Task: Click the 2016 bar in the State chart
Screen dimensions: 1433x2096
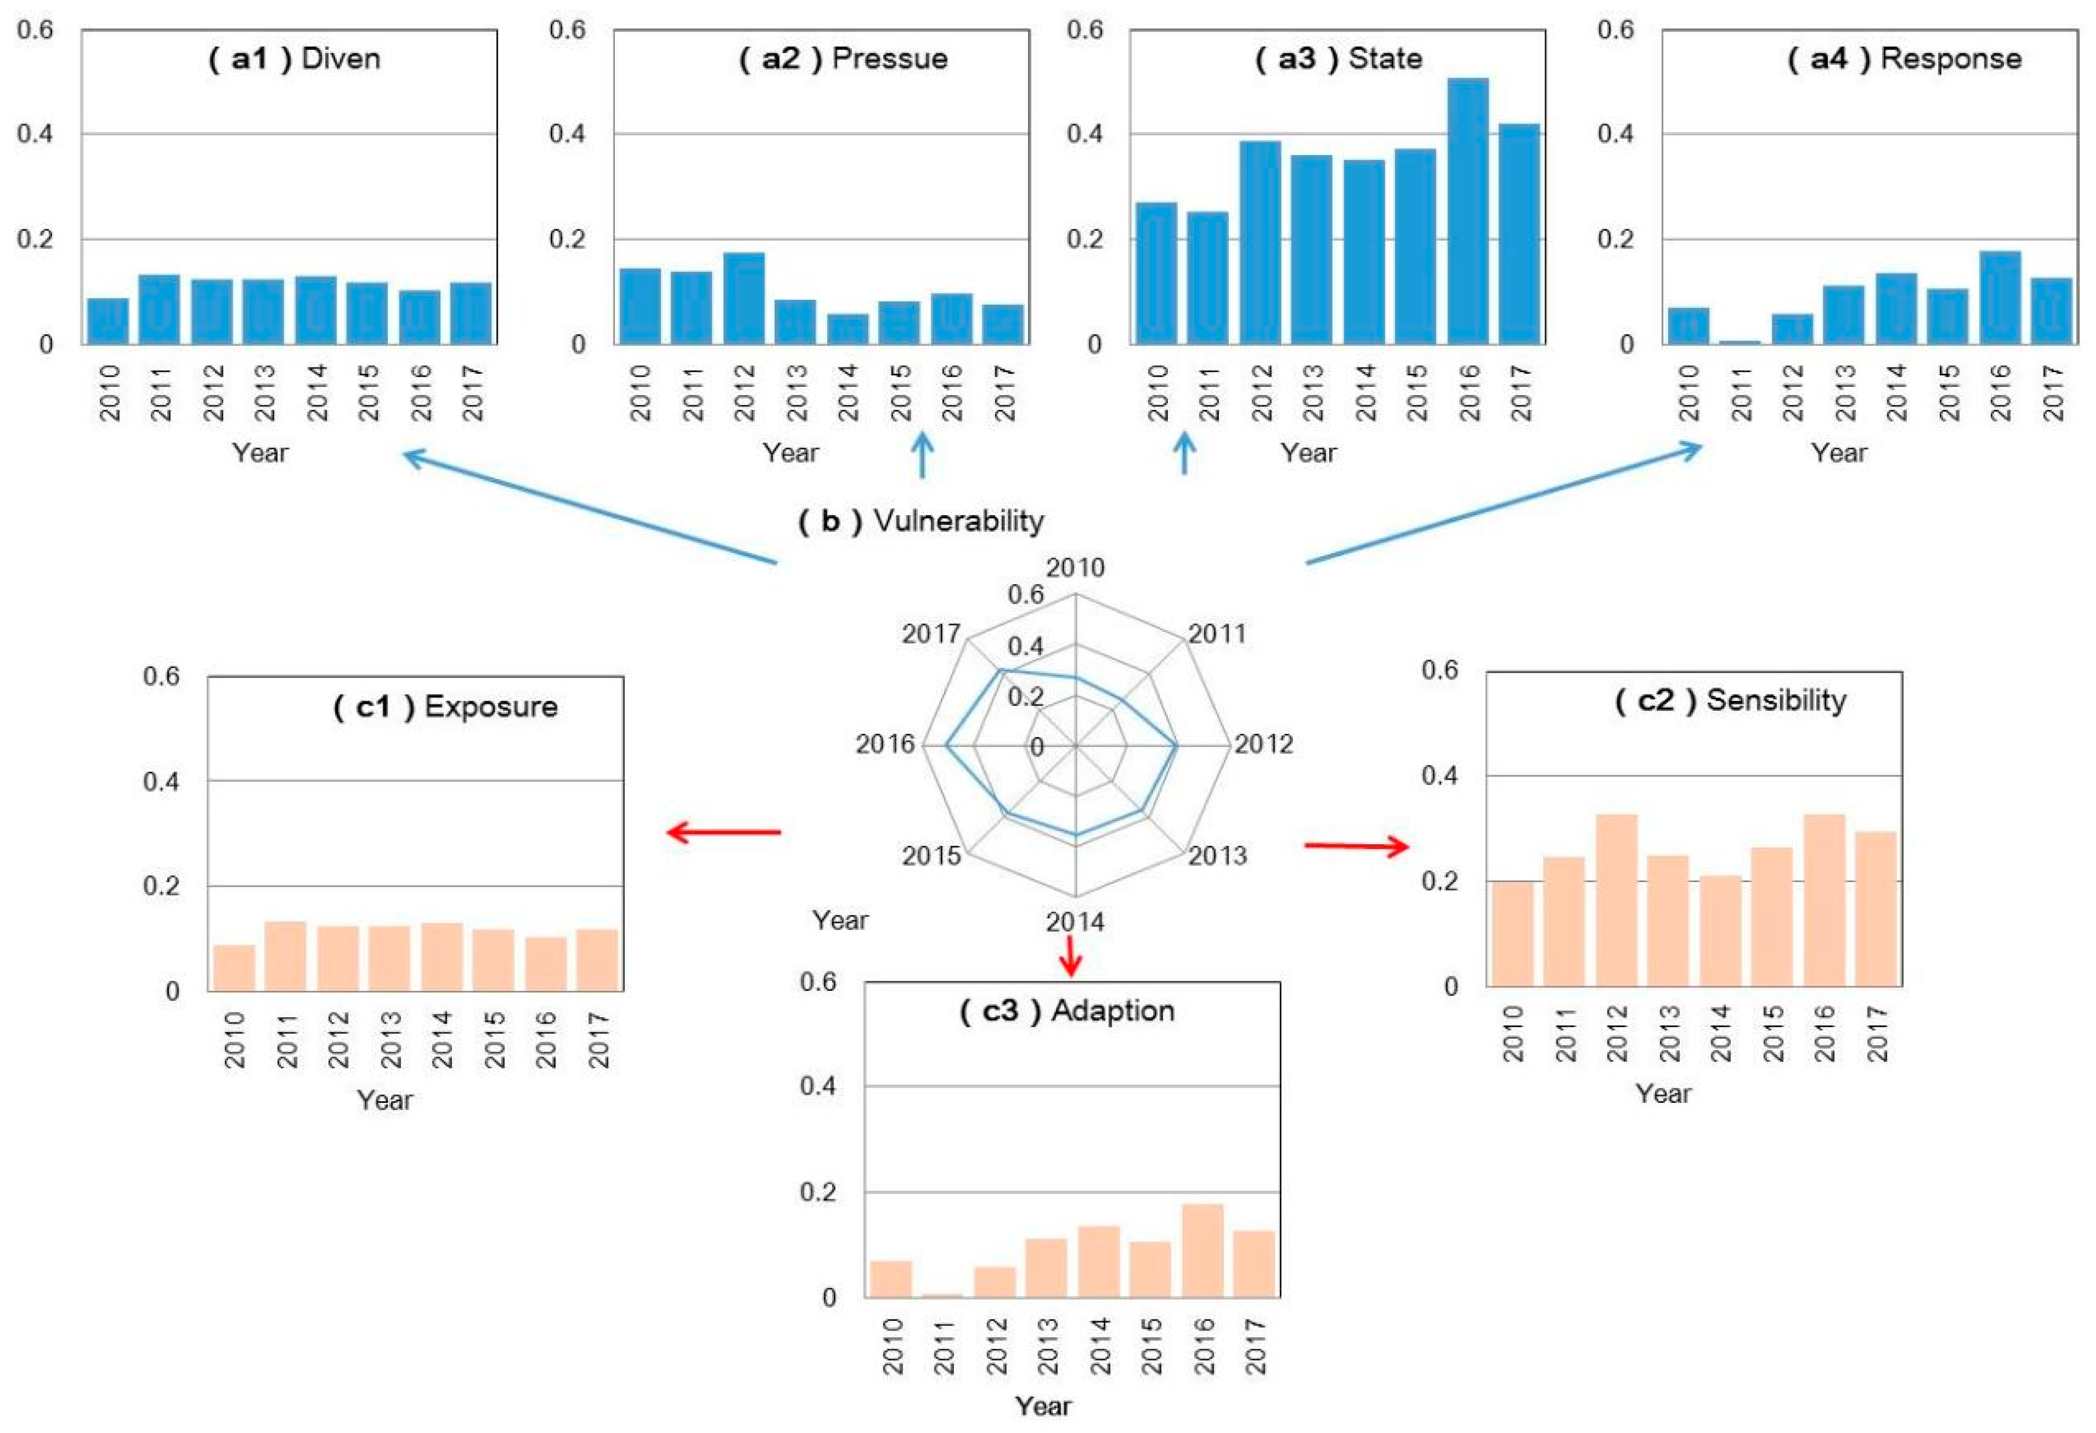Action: pyautogui.click(x=1468, y=212)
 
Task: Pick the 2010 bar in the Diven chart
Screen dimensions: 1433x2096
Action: pyautogui.click(x=107, y=321)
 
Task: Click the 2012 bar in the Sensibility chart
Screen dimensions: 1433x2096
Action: pyautogui.click(x=1616, y=900)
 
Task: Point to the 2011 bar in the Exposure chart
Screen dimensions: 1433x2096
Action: pyautogui.click(x=286, y=956)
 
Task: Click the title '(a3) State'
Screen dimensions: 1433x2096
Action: pyautogui.click(x=1339, y=59)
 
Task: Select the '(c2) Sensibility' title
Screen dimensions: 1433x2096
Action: pyautogui.click(x=1730, y=701)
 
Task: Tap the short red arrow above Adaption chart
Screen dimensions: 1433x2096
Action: pyautogui.click(x=1071, y=956)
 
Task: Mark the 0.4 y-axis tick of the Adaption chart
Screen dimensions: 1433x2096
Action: pyautogui.click(x=818, y=1087)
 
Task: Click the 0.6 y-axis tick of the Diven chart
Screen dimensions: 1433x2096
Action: pyautogui.click(x=35, y=30)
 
